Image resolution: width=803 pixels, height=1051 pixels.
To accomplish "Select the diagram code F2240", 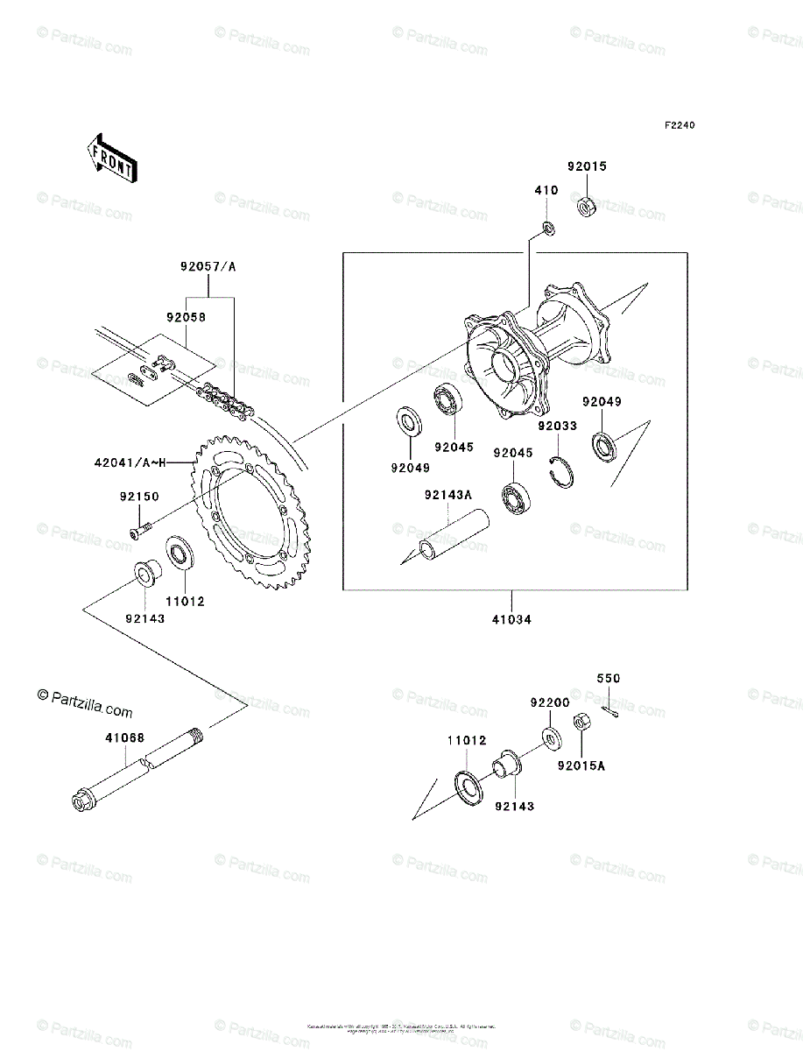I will point(679,125).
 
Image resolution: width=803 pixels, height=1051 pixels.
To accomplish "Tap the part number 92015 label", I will point(586,166).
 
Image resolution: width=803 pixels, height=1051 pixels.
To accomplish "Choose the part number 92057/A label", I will point(208,267).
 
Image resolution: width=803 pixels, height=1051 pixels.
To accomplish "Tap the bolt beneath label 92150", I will point(140,530).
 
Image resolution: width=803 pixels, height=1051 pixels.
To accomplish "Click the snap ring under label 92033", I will point(561,470).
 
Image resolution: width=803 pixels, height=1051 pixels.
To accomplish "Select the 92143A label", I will point(447,495).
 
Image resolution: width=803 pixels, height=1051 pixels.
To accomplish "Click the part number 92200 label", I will point(549,702).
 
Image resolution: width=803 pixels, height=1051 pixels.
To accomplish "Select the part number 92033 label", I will point(558,427).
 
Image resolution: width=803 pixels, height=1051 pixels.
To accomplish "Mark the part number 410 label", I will point(546,189).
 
